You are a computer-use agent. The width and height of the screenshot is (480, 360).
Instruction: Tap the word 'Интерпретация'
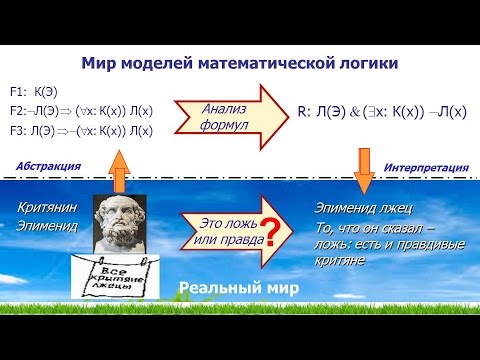point(429,166)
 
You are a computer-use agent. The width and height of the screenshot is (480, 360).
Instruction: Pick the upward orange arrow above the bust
point(120,166)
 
